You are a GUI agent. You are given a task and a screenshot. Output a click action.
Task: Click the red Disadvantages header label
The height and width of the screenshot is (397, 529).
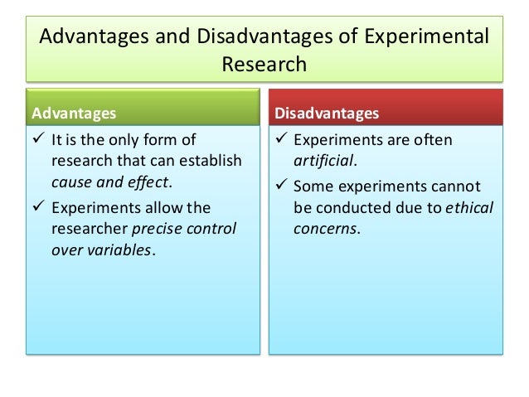[x=327, y=111]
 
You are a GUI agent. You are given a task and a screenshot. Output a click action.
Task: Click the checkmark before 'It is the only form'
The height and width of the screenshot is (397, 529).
[x=38, y=140]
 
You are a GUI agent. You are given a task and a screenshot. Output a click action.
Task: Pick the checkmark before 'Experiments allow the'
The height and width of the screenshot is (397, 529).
[x=38, y=207]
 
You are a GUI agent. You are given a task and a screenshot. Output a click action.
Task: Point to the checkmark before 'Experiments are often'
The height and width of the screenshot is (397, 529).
[x=282, y=140]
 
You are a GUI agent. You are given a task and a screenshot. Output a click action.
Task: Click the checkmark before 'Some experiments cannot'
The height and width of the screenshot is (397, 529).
[x=282, y=186]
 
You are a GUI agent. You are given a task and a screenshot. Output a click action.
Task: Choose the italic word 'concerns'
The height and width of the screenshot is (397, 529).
[x=328, y=229]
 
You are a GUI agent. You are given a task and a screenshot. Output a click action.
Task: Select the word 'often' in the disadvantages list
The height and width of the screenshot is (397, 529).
[x=434, y=140]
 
